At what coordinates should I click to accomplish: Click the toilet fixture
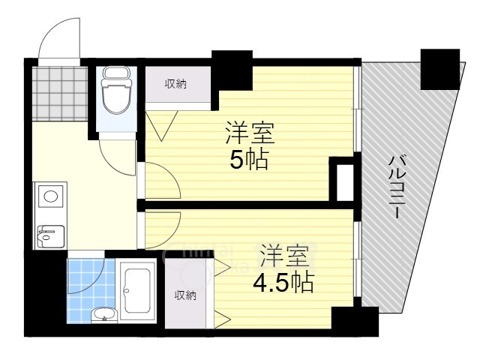pos(115,91)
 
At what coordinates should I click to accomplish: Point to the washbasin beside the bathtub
pos(103,313)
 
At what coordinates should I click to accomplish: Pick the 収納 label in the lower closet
pos(185,295)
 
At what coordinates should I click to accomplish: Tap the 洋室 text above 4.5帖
pos(284,256)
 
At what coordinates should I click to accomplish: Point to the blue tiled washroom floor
pos(85,277)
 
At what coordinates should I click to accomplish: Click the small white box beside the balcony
pos(344,180)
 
